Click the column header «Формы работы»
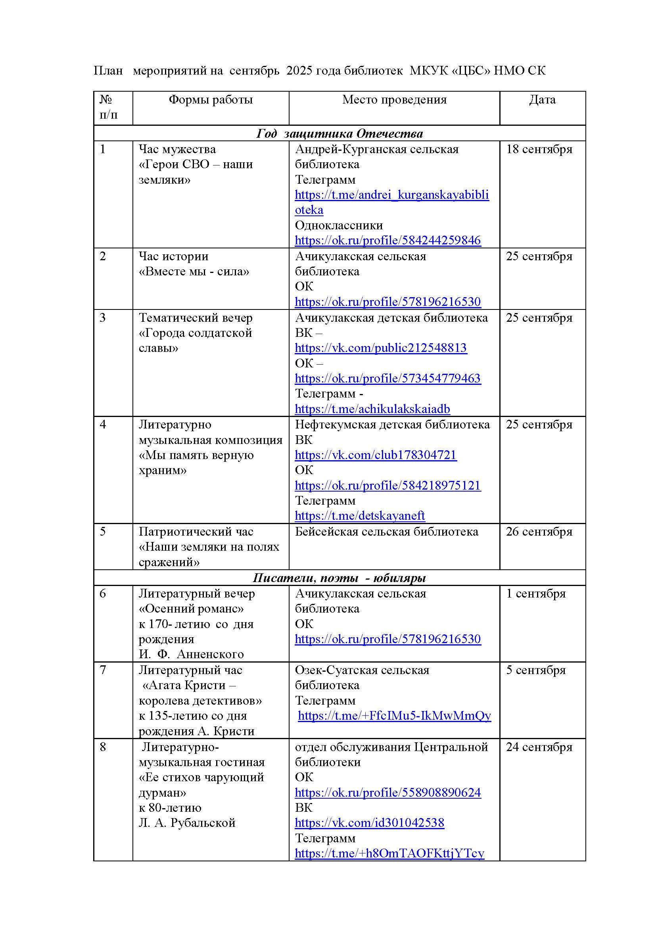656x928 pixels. coord(211,100)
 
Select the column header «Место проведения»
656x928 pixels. coord(394,100)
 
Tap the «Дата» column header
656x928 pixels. coord(542,100)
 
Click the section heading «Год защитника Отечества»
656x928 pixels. coord(340,133)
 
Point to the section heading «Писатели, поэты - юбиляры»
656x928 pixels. coord(340,578)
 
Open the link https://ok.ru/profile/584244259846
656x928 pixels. coord(387,240)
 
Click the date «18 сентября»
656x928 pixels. coord(539,149)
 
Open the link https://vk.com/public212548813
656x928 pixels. coord(380,348)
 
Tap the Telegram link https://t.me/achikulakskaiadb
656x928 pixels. coord(372,409)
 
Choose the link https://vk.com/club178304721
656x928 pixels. coord(375,455)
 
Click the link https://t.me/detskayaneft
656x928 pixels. coord(359,515)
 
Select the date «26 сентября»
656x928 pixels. coord(539,532)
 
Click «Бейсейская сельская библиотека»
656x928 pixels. coord(386,532)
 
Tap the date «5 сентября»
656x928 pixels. coord(535,670)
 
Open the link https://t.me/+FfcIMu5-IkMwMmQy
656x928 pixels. coord(394,715)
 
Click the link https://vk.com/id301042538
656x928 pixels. coord(369,822)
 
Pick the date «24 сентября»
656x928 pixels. coord(539,747)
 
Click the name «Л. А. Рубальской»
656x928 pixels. coord(187,822)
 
